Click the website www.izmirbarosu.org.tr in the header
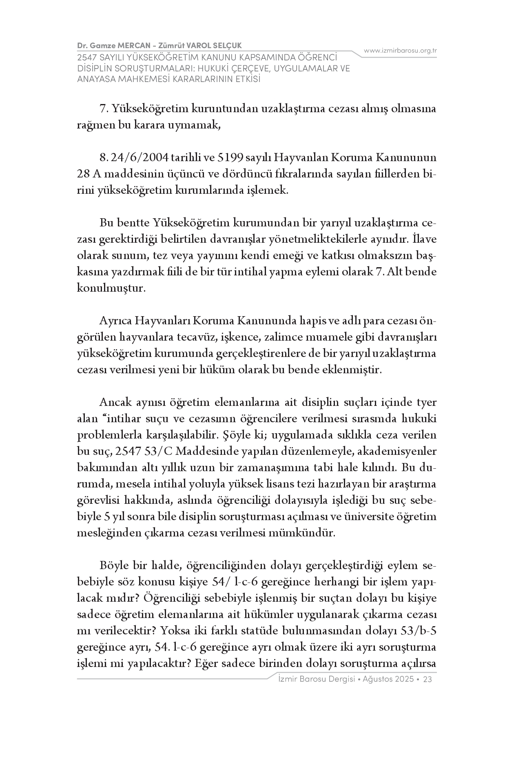coord(400,51)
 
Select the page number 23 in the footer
coord(428,679)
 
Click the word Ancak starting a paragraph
coord(115,403)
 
